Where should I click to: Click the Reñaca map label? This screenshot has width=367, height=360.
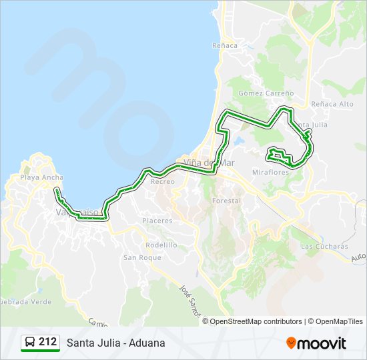point(224,45)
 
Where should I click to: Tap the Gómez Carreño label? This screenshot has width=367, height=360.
point(266,93)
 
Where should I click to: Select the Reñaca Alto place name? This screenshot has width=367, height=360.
point(332,105)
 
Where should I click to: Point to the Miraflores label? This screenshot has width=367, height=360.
point(270,172)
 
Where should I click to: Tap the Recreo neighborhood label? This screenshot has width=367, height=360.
point(162,181)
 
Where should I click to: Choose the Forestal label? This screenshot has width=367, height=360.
point(226,201)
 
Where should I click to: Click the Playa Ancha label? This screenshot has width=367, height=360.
point(41,177)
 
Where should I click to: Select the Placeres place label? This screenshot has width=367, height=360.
point(157,221)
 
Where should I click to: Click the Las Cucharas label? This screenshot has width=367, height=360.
point(324,246)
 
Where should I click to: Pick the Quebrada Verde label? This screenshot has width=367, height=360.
point(25,301)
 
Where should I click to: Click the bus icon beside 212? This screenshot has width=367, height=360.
point(30,343)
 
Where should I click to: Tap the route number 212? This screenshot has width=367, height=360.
point(47,342)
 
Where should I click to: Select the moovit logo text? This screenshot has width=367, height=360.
point(322,343)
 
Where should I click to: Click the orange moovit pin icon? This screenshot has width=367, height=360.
point(291,343)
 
